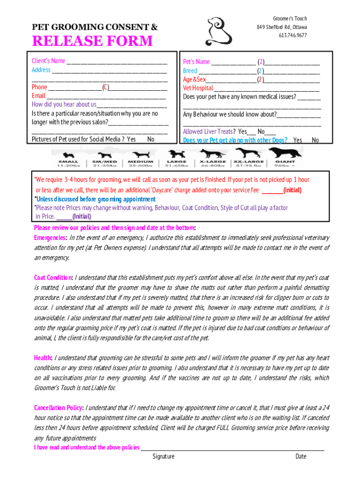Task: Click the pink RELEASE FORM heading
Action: point(92,41)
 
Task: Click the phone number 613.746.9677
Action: point(293,36)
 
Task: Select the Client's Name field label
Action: point(49,61)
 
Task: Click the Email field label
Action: point(38,96)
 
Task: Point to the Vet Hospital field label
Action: point(198,88)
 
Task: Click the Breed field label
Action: point(190,71)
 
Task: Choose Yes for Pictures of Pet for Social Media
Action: point(131,139)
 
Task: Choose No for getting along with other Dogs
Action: point(316,140)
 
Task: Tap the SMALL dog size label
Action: point(68,161)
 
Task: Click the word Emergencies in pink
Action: point(50,238)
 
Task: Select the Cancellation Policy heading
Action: point(58,408)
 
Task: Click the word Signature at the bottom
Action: point(163,457)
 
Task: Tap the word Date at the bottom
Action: point(301,457)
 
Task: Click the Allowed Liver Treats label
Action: point(209,131)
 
